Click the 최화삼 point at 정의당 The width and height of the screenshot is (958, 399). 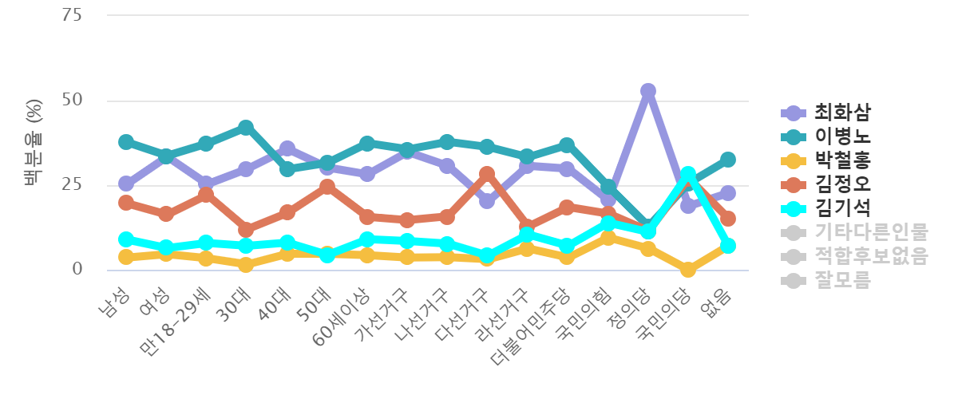tap(647, 91)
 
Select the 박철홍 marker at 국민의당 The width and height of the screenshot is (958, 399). tap(687, 270)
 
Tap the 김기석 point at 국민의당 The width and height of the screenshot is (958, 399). tap(687, 174)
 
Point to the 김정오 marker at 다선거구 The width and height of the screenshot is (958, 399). tap(487, 173)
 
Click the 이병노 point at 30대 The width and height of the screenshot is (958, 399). tap(246, 127)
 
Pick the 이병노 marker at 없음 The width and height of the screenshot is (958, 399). tap(727, 160)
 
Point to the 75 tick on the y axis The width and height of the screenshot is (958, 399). tap(72, 15)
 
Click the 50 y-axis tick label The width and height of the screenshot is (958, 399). tap(72, 101)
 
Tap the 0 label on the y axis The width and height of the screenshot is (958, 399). tap(77, 269)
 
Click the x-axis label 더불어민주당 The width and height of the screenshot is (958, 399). tap(532, 322)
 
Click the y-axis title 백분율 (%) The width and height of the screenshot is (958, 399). tap(34, 142)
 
